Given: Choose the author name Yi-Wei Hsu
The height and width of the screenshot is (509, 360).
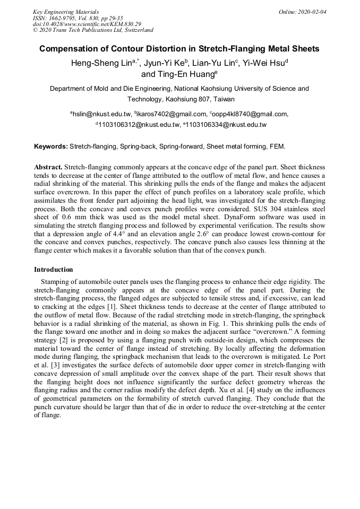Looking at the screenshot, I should (263, 64).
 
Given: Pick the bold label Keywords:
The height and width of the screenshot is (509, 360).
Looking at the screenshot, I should (51, 146).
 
